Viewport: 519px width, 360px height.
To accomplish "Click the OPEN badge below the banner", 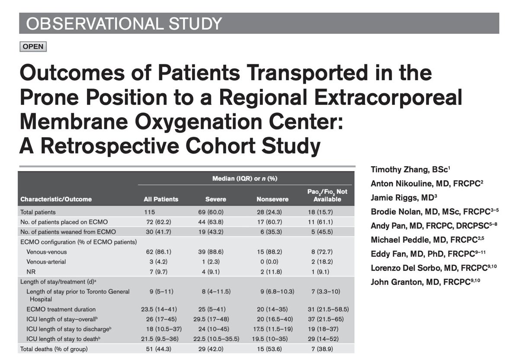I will click(x=33, y=46).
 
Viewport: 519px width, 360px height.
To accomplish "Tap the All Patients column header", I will click(x=161, y=199).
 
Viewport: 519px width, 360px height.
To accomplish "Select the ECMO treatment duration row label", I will click(x=61, y=309).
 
